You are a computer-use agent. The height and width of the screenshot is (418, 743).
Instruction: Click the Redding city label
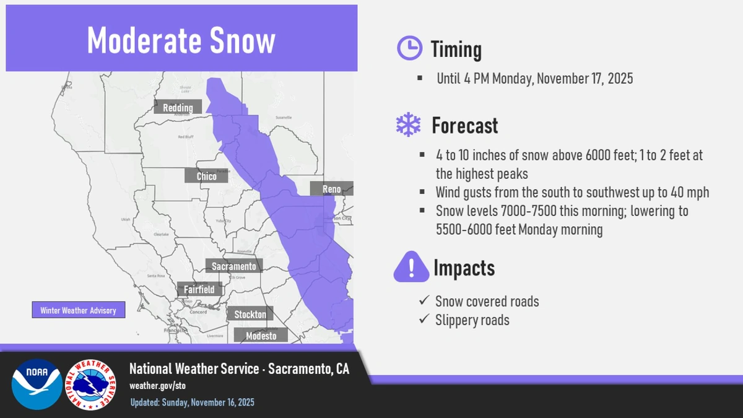tap(178, 108)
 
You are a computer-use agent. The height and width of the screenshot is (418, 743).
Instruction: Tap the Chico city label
tap(206, 176)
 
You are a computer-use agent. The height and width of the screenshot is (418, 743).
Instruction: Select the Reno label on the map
tap(331, 189)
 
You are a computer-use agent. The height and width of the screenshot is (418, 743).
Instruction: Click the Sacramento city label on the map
tap(234, 266)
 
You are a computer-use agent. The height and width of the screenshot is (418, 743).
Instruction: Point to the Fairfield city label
tap(199, 289)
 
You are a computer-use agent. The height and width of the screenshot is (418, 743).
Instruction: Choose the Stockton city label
tap(250, 315)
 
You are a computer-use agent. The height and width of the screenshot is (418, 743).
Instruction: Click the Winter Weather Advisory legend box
tap(78, 310)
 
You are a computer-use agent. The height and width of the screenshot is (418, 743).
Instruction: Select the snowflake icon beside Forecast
tap(408, 126)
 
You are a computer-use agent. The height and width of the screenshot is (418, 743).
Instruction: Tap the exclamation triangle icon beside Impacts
tap(411, 267)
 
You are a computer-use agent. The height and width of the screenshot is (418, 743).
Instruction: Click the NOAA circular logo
tap(37, 384)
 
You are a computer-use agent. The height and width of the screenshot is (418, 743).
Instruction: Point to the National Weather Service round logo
tap(90, 385)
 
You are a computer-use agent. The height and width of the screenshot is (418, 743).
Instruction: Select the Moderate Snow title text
tap(181, 41)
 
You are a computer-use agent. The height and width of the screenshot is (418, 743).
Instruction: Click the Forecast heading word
tap(464, 126)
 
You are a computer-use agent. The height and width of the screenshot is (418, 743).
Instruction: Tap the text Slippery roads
tap(472, 320)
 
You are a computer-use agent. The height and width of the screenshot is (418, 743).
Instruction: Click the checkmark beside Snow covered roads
tap(424, 300)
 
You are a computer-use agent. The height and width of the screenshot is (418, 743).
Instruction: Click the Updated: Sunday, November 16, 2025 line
tap(192, 403)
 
